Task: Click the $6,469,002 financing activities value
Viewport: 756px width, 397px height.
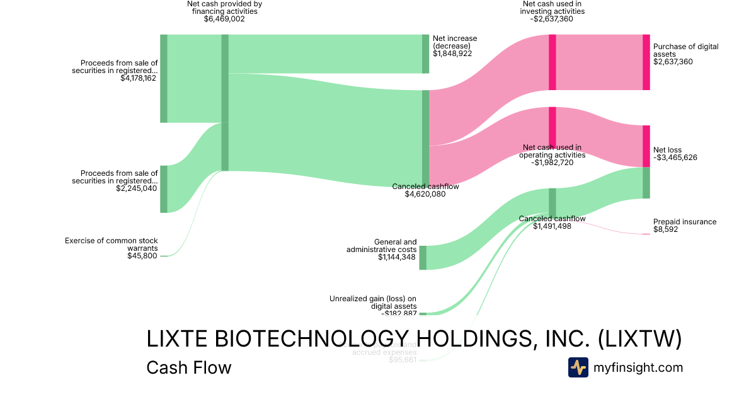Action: (224, 19)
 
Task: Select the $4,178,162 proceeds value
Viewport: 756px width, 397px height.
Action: (138, 79)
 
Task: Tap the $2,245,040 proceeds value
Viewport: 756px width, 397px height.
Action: (138, 188)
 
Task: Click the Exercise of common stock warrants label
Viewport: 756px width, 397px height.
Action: (112, 244)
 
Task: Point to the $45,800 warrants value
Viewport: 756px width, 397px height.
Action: (142, 255)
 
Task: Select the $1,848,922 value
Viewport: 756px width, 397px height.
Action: (452, 54)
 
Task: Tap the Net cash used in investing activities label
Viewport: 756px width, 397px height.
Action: (553, 7)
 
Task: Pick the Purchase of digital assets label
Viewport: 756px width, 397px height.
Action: (685, 50)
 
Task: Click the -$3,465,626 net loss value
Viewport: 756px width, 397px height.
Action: (675, 158)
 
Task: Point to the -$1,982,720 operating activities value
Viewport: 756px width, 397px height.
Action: (552, 162)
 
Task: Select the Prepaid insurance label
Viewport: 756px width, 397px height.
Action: (685, 222)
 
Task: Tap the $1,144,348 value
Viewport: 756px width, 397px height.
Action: (397, 256)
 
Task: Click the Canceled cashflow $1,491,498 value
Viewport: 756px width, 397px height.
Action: (552, 226)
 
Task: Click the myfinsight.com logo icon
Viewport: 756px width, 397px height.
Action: (578, 367)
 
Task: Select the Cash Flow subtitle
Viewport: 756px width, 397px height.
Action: (188, 367)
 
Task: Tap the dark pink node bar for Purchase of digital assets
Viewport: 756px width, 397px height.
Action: (646, 62)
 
